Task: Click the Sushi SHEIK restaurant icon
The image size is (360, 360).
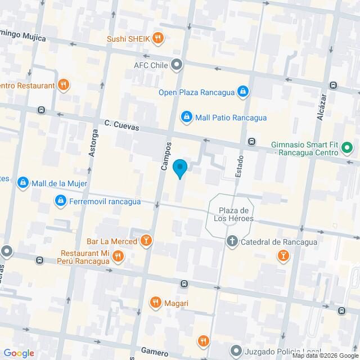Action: pos(159,39)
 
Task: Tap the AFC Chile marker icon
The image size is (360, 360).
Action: pos(177,65)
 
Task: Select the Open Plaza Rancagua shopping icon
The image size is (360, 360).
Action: pos(242,91)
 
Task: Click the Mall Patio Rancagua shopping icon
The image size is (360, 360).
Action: pos(186,117)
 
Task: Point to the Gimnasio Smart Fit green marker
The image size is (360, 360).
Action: pos(347,148)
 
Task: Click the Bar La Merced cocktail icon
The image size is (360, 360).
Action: pos(146,241)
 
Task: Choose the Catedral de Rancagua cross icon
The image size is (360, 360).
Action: pos(231,242)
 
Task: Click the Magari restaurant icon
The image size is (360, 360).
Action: pos(156,303)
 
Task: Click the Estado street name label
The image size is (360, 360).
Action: pos(239,166)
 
